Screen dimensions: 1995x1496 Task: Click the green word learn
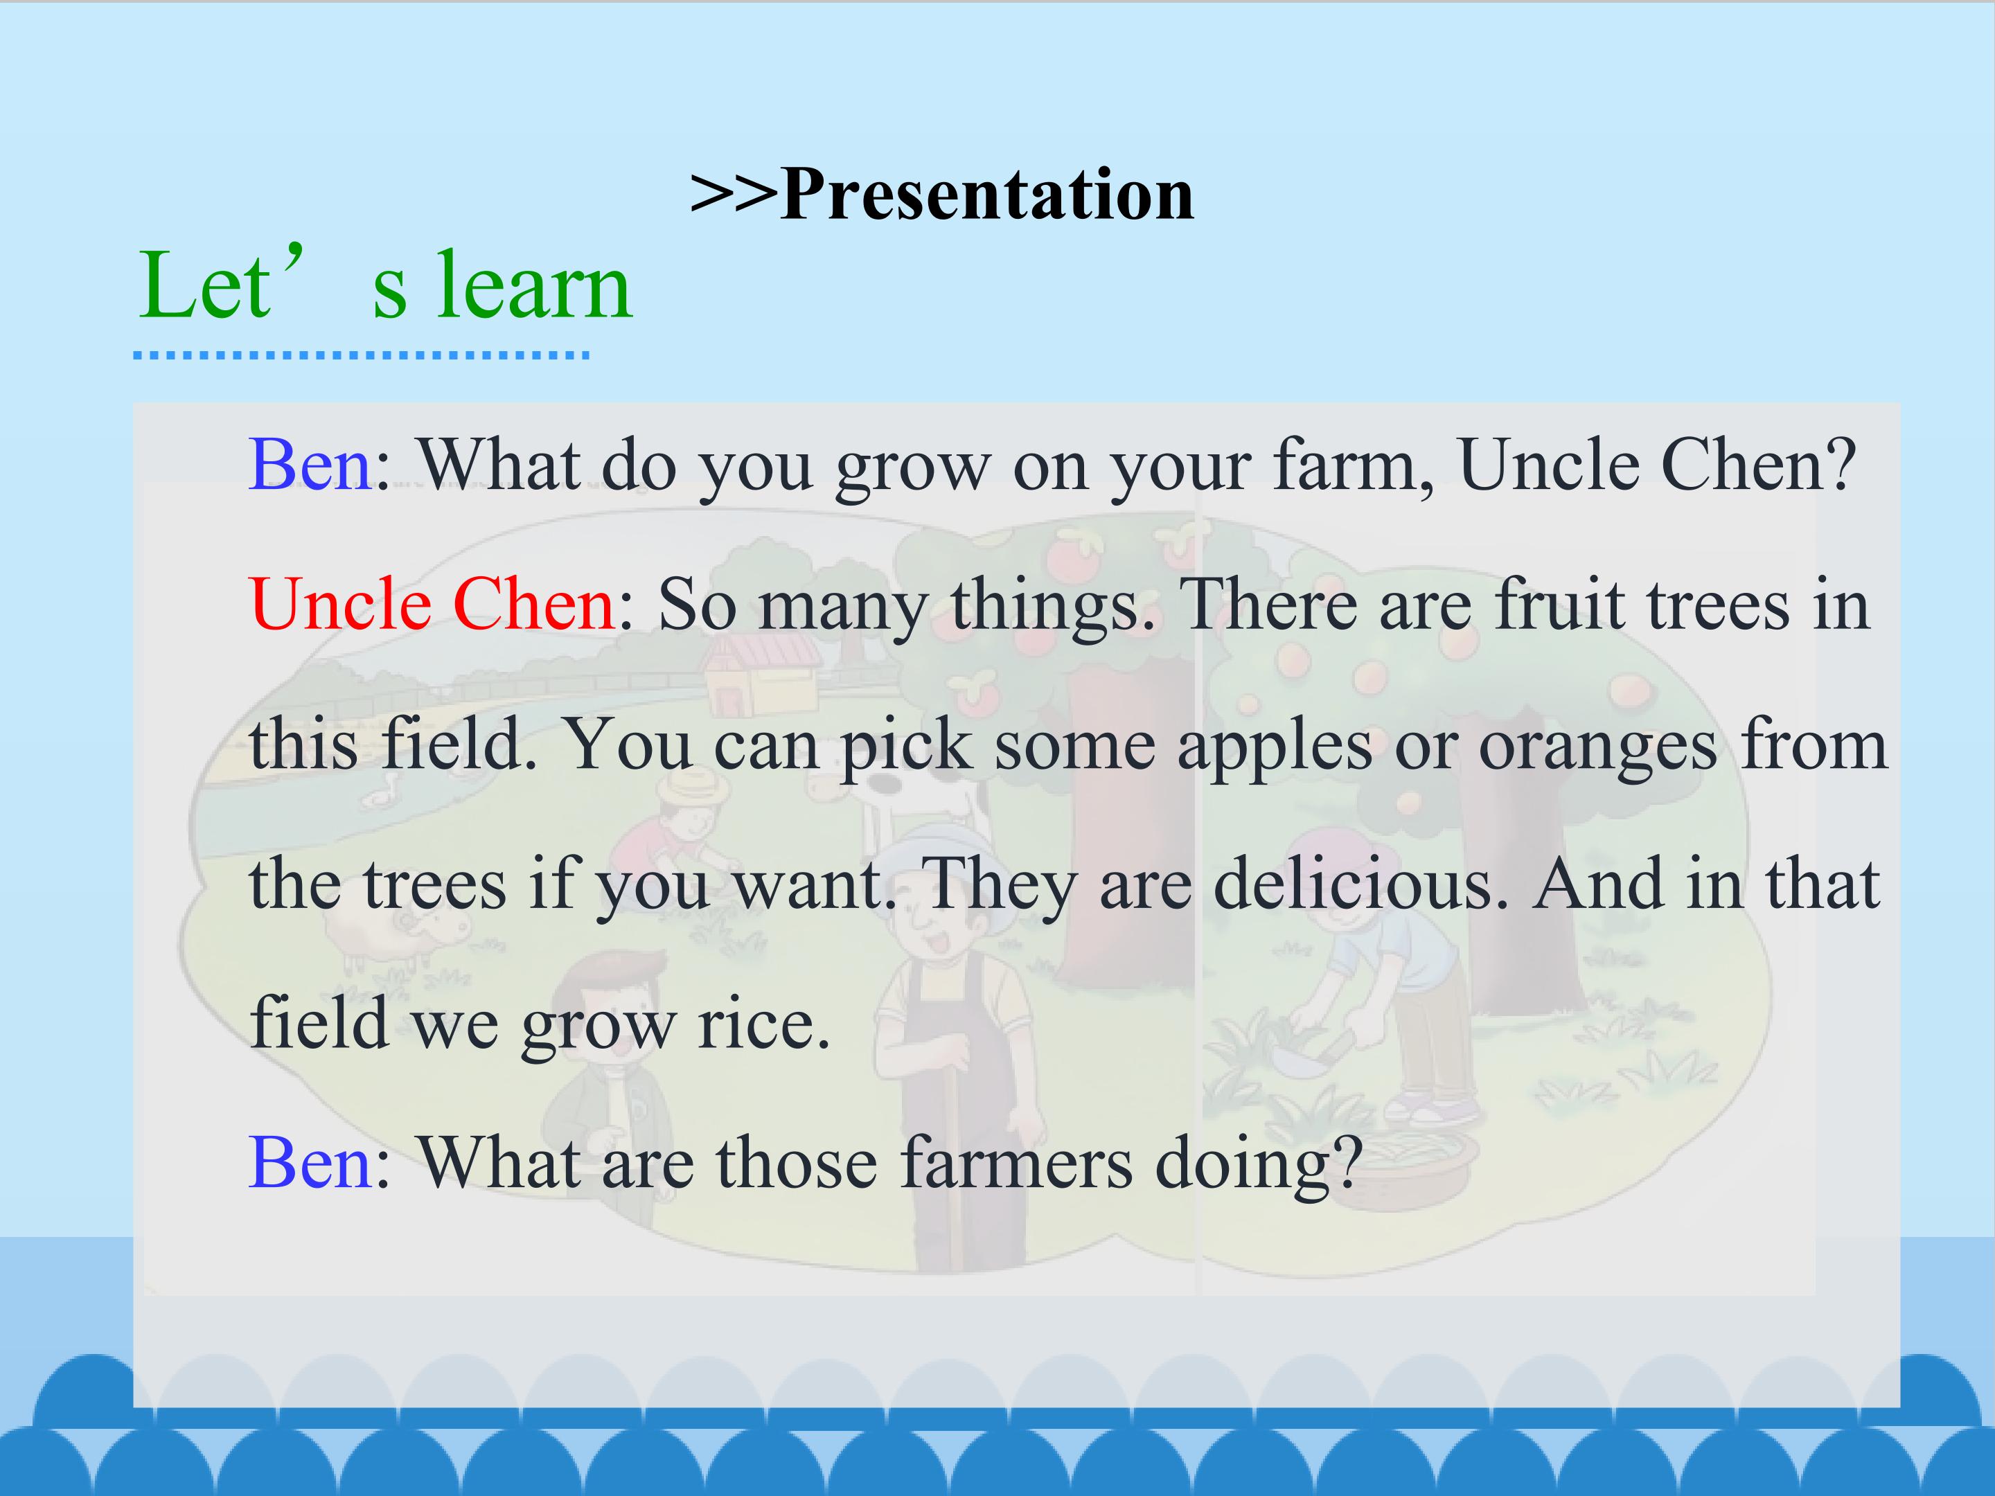pos(535,286)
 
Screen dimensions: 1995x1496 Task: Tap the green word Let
pos(204,286)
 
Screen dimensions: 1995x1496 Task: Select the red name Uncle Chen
pos(433,603)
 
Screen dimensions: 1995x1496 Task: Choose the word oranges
pos(1597,747)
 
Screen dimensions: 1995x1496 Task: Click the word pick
pos(906,747)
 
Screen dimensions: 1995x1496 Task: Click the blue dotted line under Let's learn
pos(361,355)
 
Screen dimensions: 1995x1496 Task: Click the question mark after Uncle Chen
pos(1841,465)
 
